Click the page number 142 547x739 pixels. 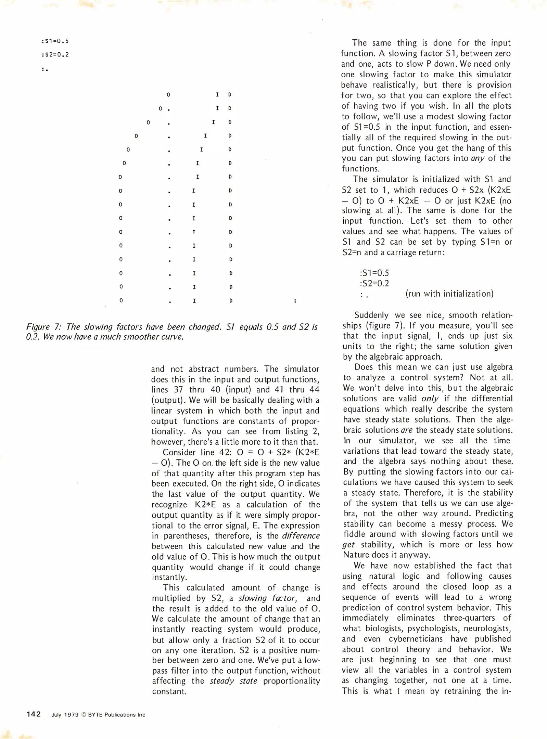[x=34, y=714]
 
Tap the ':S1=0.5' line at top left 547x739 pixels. [x=55, y=41]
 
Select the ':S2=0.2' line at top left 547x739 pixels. [x=55, y=55]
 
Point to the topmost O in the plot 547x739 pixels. [x=168, y=94]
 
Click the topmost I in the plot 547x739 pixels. [x=217, y=94]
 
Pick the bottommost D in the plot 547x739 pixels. [x=231, y=301]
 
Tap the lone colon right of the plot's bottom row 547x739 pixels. [x=295, y=301]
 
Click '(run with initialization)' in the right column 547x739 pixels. [x=449, y=294]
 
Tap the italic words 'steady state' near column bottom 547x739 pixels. [x=233, y=681]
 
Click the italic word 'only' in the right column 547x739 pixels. [x=430, y=399]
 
